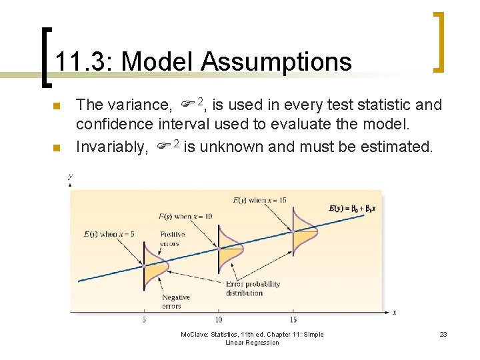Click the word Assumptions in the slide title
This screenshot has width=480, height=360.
pos(276,62)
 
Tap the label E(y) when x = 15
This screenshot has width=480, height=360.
pos(260,199)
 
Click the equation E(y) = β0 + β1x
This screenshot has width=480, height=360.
pos(353,208)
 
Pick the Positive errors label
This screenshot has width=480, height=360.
pos(173,239)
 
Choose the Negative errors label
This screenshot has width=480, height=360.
pos(175,301)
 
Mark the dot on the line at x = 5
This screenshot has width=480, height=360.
pos(144,265)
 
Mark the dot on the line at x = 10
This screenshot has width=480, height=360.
pos(219,249)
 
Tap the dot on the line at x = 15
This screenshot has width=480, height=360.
pos(293,232)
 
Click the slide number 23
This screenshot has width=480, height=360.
pos(443,335)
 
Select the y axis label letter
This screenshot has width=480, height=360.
pos(69,176)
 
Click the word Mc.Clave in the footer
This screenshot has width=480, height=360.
pos(196,335)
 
